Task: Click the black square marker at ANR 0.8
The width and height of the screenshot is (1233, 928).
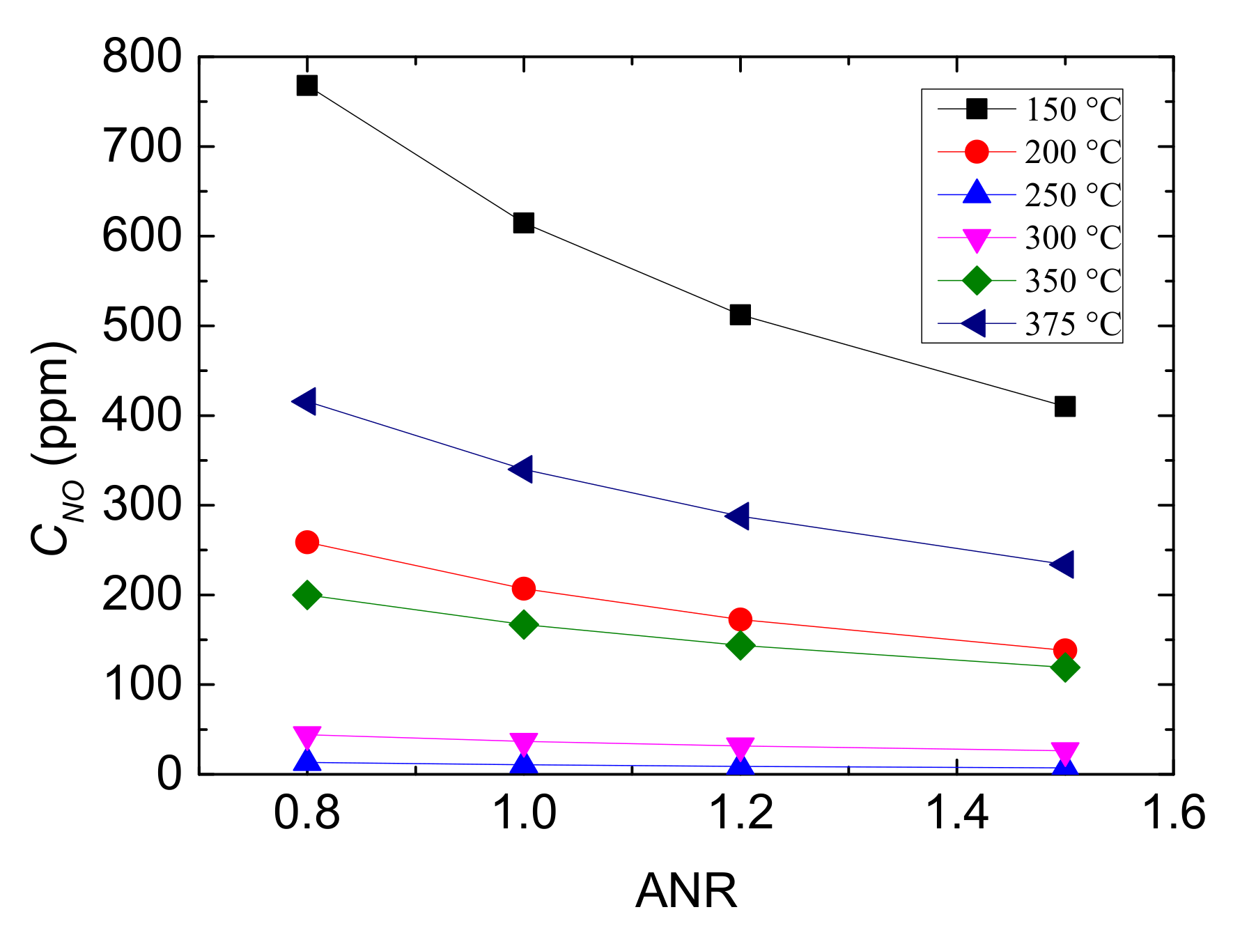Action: (307, 86)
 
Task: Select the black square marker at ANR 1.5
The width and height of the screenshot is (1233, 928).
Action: (1064, 406)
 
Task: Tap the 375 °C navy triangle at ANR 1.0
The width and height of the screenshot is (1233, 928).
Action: (522, 469)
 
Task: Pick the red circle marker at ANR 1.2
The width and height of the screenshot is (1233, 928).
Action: (740, 619)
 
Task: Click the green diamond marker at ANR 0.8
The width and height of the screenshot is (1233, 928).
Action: (307, 595)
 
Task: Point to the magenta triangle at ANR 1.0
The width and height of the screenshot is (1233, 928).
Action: (523, 743)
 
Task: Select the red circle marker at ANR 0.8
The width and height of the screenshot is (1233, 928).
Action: (307, 542)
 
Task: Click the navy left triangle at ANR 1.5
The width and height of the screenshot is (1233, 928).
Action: (1062, 564)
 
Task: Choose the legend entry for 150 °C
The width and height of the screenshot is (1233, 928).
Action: (1073, 109)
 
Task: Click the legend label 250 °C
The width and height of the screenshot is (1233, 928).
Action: (1073, 195)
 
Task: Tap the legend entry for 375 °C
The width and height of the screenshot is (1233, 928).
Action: (1073, 324)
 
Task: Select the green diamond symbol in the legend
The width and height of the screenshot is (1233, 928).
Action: (977, 281)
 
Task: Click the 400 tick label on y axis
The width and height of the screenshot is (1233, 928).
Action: (142, 415)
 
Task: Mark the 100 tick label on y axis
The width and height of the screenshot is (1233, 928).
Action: (142, 685)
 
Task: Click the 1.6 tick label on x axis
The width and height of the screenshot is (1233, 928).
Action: (1174, 812)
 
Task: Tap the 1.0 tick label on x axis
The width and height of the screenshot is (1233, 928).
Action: (524, 812)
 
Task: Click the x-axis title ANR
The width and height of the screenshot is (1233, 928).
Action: (686, 891)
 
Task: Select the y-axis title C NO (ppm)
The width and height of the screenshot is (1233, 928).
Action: (54, 449)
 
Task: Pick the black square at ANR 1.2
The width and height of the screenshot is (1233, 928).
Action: (740, 315)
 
